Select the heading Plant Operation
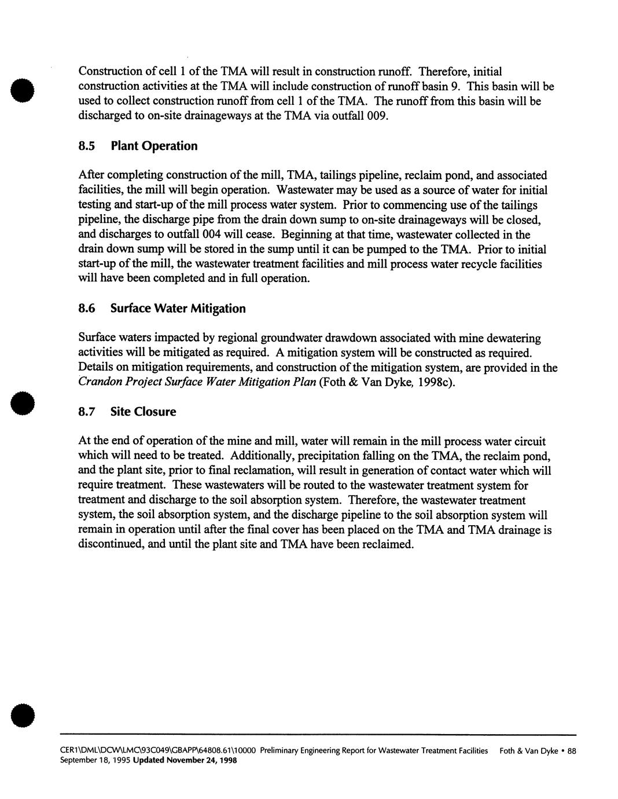[154, 146]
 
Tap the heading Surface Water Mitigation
[178, 309]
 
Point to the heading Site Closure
[143, 412]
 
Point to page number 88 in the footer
[572, 751]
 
